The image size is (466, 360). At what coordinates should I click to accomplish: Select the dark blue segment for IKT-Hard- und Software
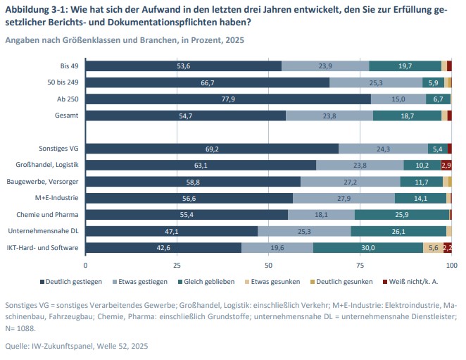[x=163, y=247]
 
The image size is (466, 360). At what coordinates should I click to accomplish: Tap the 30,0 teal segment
[x=367, y=247]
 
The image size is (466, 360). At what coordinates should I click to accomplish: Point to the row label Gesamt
[x=67, y=115]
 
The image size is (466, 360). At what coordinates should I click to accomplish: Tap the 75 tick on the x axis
[x=360, y=266]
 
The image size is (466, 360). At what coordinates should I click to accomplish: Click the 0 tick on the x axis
[x=86, y=266]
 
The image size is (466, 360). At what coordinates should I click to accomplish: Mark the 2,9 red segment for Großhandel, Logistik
[x=446, y=165]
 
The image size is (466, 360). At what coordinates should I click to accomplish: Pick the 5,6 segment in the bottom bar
[x=433, y=247]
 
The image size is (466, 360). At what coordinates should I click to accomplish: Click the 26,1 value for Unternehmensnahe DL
[x=398, y=230]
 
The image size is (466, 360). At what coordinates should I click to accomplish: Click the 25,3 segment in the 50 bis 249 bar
[x=375, y=82]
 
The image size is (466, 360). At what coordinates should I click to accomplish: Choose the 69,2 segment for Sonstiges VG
[x=212, y=149]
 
